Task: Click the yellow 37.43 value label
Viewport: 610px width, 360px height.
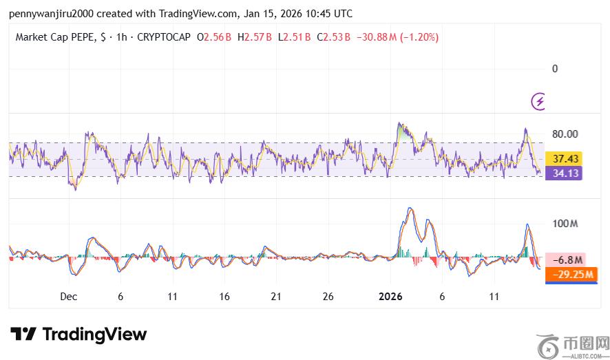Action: click(x=563, y=159)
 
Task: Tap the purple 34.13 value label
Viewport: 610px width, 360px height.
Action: click(x=563, y=173)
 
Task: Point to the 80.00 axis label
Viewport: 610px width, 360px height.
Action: click(x=565, y=134)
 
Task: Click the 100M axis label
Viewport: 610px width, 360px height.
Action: click(x=565, y=224)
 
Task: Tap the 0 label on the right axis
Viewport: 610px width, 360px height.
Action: click(x=555, y=69)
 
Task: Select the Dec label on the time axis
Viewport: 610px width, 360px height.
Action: click(x=68, y=297)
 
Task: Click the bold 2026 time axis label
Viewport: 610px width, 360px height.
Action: click(x=390, y=297)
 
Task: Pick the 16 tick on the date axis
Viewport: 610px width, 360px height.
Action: click(x=224, y=297)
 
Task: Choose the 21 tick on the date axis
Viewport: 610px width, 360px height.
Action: click(x=276, y=297)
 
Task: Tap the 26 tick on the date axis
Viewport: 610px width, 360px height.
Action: click(x=328, y=297)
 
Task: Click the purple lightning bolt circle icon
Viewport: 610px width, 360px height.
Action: click(x=539, y=102)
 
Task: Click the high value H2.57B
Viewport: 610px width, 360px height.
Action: click(x=255, y=37)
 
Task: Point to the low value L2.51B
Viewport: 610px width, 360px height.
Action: click(x=295, y=37)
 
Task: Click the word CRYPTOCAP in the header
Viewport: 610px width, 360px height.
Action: click(x=164, y=37)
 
